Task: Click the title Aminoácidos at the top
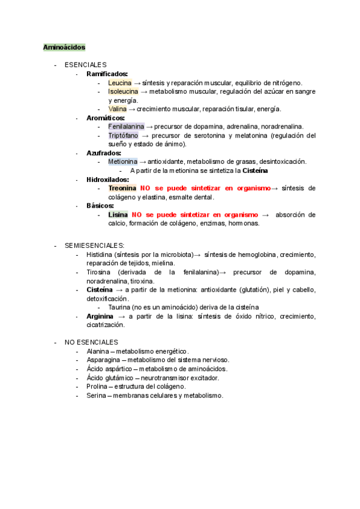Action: (x=64, y=47)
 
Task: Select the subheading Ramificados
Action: (x=107, y=74)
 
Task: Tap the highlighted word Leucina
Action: (x=120, y=83)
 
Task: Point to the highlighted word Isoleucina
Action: (x=123, y=92)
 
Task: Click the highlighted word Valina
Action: (x=118, y=109)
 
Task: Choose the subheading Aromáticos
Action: (x=106, y=118)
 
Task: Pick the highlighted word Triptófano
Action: (x=123, y=136)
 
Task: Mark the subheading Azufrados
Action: (x=104, y=153)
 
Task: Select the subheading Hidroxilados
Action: (x=107, y=179)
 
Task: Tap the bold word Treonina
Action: (x=122, y=188)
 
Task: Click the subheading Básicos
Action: (x=100, y=206)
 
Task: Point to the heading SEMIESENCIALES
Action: (x=94, y=245)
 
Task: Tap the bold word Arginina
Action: (x=100, y=316)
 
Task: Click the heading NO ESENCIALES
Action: (x=91, y=342)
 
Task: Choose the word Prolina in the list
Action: (x=98, y=387)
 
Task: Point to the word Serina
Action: (x=96, y=396)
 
